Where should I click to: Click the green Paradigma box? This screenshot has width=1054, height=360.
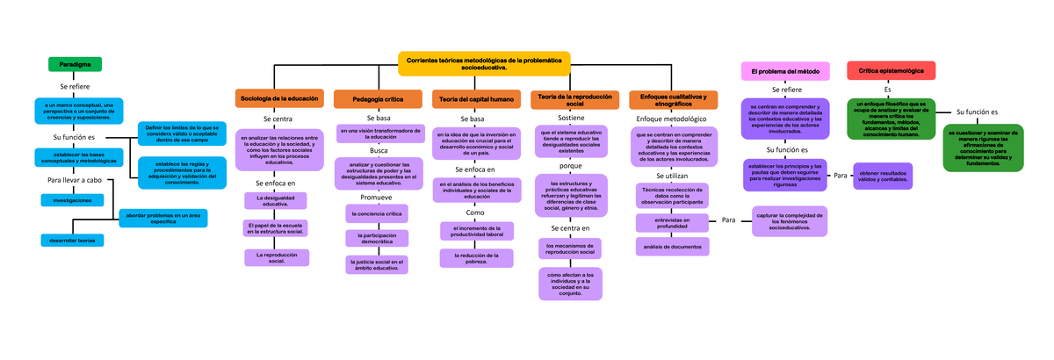(x=75, y=64)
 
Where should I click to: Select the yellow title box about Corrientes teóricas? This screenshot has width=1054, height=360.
(x=484, y=62)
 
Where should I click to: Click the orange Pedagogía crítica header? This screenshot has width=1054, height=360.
(x=378, y=98)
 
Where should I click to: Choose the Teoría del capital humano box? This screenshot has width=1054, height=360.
(x=477, y=98)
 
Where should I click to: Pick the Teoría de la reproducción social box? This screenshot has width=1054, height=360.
(x=575, y=99)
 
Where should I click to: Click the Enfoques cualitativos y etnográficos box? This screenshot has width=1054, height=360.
(x=674, y=99)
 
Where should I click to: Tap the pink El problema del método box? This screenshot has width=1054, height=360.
(x=786, y=70)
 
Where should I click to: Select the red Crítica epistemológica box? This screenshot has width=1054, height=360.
(x=891, y=70)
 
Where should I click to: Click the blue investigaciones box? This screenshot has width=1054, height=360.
(x=72, y=200)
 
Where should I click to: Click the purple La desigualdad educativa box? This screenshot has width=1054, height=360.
(x=276, y=201)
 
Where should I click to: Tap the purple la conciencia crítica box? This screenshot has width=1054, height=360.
(x=377, y=213)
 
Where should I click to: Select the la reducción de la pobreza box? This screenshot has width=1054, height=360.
(x=475, y=256)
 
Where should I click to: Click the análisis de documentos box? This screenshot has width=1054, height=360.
(x=673, y=247)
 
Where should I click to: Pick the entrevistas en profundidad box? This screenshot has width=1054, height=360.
(x=673, y=223)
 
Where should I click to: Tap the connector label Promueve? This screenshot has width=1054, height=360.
(x=375, y=197)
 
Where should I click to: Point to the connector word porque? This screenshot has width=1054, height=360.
(x=571, y=165)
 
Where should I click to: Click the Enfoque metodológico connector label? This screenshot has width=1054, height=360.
(x=670, y=117)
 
